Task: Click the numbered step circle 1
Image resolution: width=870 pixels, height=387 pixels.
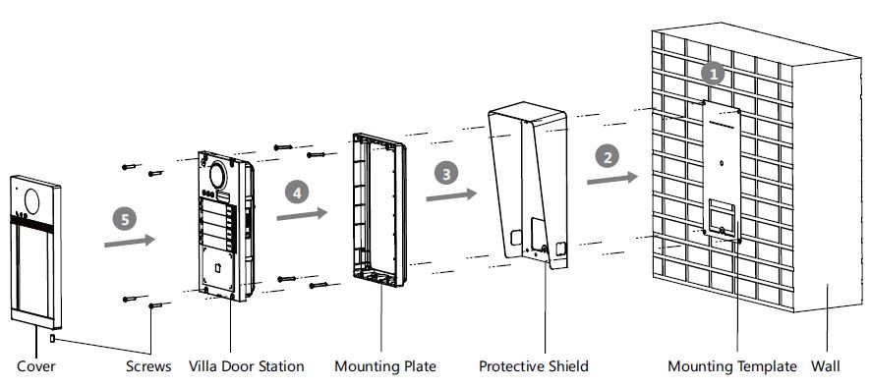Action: (x=713, y=74)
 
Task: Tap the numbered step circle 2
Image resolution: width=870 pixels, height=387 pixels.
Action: (x=607, y=157)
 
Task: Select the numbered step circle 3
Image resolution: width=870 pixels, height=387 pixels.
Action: (x=446, y=173)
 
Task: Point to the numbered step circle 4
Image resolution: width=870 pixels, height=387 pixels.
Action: (x=297, y=193)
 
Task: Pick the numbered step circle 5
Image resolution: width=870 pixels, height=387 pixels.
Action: (x=124, y=219)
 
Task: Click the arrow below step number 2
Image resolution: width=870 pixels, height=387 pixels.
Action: (x=612, y=179)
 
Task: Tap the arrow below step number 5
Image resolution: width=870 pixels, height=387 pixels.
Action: (x=130, y=242)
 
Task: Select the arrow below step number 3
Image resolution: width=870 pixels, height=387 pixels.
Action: (x=451, y=195)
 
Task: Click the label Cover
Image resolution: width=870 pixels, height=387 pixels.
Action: (x=36, y=366)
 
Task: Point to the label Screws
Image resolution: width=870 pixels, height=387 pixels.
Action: (x=148, y=366)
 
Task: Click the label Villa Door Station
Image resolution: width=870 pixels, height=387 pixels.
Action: (x=247, y=366)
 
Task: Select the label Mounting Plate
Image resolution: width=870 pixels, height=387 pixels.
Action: (x=385, y=366)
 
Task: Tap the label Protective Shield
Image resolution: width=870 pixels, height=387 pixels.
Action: (x=534, y=366)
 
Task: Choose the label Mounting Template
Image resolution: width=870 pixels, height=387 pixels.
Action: (x=732, y=366)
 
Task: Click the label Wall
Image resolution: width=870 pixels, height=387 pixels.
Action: (x=826, y=366)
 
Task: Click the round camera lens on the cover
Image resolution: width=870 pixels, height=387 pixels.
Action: (x=31, y=201)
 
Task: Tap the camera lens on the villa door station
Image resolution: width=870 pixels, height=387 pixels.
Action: (x=217, y=175)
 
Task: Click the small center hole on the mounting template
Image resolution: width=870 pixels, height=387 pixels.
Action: (x=722, y=164)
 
